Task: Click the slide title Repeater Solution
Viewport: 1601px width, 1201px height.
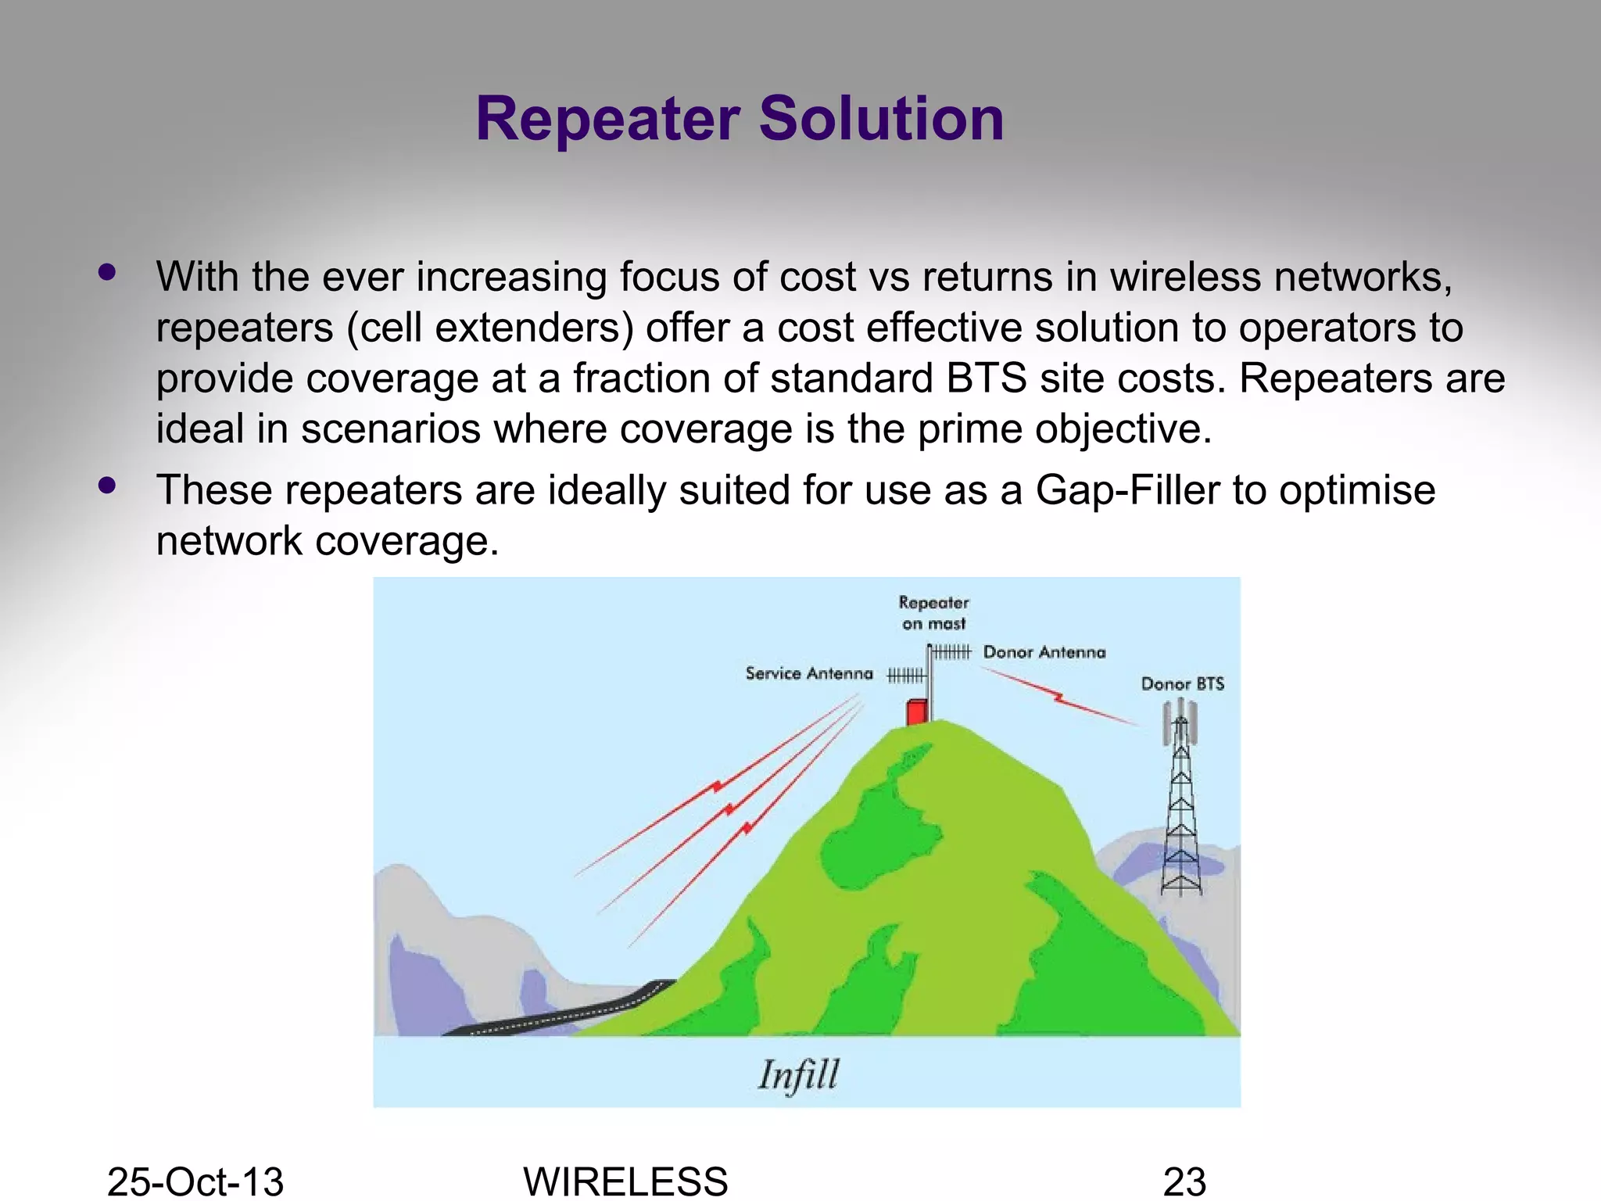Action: pos(740,119)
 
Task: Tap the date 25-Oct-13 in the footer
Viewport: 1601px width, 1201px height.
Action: pos(195,1181)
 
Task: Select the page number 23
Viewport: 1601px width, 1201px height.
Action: pos(1184,1181)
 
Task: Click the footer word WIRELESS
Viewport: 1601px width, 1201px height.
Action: pos(625,1181)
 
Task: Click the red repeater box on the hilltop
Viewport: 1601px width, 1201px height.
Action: pos(916,712)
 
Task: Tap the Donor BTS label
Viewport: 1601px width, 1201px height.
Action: pos(1182,684)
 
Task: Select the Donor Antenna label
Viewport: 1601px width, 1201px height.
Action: pos(1044,653)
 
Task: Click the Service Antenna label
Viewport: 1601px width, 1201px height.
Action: pos(809,674)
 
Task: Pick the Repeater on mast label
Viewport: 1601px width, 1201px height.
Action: pos(933,613)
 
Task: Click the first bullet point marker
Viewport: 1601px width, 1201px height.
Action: pos(107,273)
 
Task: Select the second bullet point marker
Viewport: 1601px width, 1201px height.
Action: pos(107,486)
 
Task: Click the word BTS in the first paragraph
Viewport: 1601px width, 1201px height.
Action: pos(987,378)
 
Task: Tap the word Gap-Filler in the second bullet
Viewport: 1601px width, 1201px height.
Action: pos(1127,491)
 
